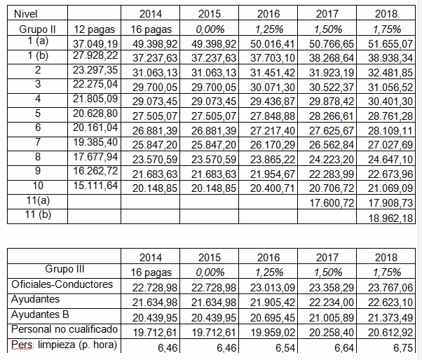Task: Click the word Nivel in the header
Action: coord(25,14)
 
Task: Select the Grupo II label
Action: coord(37,29)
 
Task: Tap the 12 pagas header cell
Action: coord(95,29)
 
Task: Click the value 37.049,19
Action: coord(95,43)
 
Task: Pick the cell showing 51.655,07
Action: coord(390,43)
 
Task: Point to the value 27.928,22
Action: coord(95,55)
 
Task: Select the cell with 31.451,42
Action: coord(273,73)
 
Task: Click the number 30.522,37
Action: coord(332,87)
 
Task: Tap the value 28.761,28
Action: coord(390,116)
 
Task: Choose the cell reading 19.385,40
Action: coord(95,142)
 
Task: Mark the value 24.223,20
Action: coord(332,160)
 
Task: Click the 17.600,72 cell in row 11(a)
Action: coord(332,202)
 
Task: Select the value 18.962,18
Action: coord(390,218)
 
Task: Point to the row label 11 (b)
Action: coord(38,214)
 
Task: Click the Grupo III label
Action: coord(64,268)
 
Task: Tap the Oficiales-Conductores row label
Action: coord(62,284)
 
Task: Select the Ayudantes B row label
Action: coord(40,314)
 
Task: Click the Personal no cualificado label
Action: coord(64,329)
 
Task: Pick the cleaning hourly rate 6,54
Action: coord(285,348)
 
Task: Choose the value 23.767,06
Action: coord(390,288)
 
